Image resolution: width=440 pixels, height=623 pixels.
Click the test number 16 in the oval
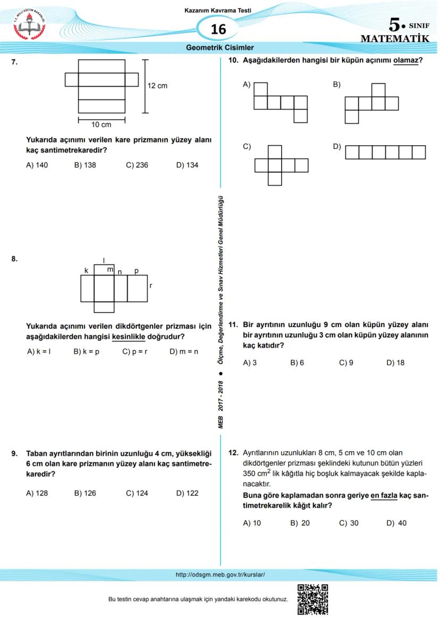(x=218, y=29)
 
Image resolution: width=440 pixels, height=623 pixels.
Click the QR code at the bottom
(x=312, y=599)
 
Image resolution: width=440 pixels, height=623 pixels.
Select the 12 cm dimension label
(x=157, y=86)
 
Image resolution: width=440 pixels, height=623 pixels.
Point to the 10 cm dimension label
(x=101, y=124)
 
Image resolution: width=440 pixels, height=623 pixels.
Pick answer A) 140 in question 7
(x=37, y=165)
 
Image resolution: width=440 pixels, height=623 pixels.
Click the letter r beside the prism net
(x=151, y=286)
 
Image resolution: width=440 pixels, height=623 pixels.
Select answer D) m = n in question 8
(x=183, y=351)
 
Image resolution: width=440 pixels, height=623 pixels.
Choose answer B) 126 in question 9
(x=85, y=493)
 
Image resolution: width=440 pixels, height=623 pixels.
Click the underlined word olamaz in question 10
(x=405, y=61)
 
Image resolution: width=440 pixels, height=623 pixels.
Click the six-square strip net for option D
(x=385, y=152)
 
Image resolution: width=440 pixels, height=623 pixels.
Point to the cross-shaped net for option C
(x=281, y=165)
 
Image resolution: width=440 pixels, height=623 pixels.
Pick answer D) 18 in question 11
(x=395, y=363)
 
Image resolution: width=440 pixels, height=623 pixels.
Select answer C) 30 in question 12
(x=349, y=523)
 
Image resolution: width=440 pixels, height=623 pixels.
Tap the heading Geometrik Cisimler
(x=219, y=47)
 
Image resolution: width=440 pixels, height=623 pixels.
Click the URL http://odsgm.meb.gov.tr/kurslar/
(x=220, y=575)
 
